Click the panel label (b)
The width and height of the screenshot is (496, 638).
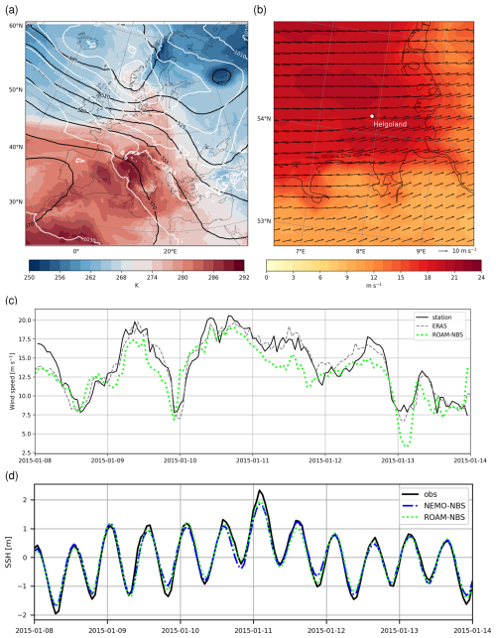260,10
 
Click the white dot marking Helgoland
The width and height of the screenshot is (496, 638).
372,116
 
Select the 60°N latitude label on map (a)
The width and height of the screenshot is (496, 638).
15,25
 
